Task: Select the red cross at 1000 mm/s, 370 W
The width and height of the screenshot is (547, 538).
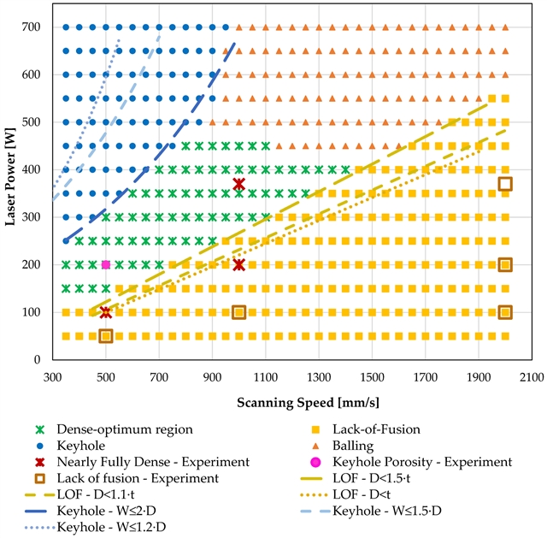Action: pos(239,184)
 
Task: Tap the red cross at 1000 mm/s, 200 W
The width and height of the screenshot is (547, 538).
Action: pos(239,264)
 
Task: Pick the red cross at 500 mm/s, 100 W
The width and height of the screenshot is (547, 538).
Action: pos(106,312)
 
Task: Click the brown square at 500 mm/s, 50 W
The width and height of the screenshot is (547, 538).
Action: pos(106,336)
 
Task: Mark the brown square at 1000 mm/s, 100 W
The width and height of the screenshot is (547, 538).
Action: pos(239,312)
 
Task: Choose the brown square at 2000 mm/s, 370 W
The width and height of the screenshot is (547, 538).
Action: pos(505,184)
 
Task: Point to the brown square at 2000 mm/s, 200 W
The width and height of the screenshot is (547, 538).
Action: pos(505,264)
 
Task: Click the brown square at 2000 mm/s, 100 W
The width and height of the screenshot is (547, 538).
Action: pos(505,312)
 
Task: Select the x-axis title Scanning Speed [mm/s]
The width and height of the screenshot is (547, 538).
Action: pos(291,399)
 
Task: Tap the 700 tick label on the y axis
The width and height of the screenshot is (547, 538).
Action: pos(33,27)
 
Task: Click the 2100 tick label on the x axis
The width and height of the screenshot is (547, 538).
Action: pos(532,375)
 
